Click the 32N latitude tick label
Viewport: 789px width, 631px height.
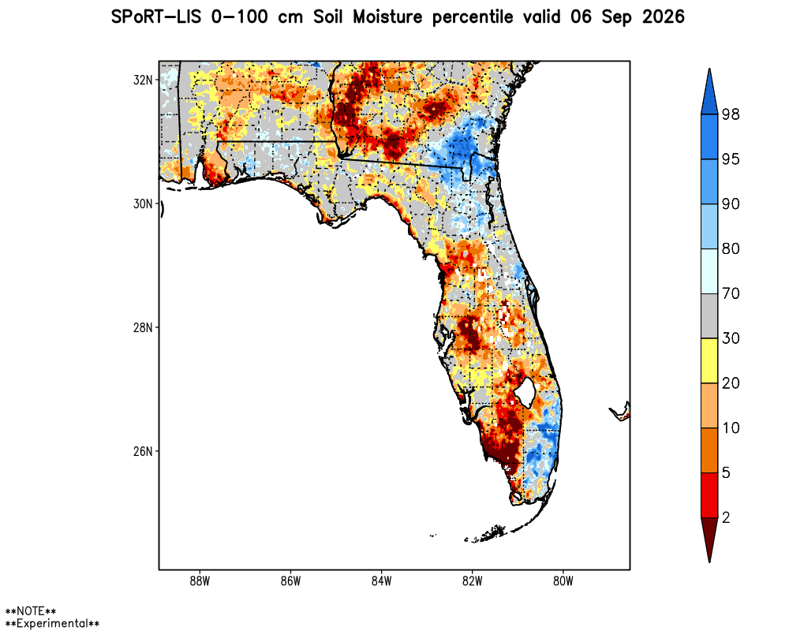coord(142,80)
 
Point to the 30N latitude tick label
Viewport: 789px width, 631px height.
coord(142,203)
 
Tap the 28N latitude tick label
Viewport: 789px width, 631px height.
coord(142,327)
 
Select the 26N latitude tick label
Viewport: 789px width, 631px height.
coord(142,451)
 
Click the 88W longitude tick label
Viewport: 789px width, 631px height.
coord(200,581)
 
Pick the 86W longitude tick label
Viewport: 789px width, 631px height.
coord(291,581)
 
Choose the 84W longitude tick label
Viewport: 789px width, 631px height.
coord(381,581)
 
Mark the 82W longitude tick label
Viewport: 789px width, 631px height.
coord(473,581)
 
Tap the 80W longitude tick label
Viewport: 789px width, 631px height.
coord(563,581)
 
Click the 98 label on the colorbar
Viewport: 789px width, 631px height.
coord(731,114)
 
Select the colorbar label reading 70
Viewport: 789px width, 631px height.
coord(731,293)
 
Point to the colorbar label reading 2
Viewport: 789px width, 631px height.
coord(726,517)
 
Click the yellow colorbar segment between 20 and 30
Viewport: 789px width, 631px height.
coord(709,360)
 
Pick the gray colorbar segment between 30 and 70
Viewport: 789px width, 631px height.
coord(709,316)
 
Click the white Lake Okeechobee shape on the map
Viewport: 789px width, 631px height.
coord(525,392)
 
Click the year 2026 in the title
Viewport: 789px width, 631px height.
coord(664,17)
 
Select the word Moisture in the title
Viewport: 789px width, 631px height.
coord(387,17)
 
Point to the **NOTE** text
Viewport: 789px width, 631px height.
coord(30,611)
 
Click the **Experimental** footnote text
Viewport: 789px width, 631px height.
coord(52,624)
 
